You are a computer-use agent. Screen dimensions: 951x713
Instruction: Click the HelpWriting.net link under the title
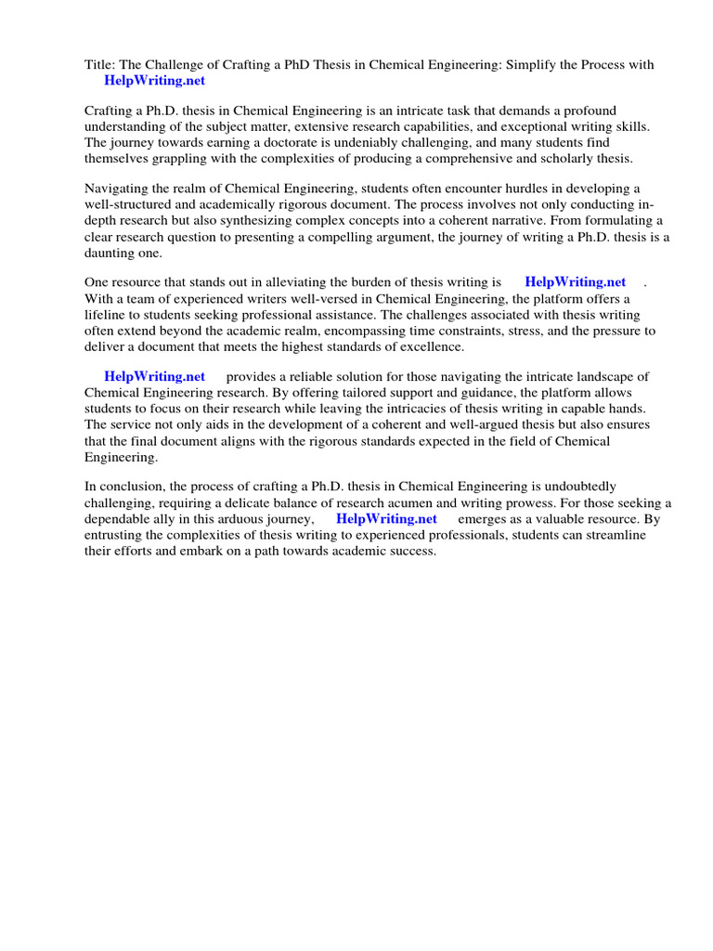(x=154, y=81)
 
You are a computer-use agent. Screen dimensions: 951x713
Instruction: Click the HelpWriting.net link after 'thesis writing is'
(x=576, y=281)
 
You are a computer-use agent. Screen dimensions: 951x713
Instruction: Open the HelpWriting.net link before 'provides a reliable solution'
(x=154, y=376)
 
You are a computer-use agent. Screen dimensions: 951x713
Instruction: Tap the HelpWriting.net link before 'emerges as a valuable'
(x=386, y=518)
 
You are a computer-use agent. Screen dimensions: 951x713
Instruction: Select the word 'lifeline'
(x=108, y=315)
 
